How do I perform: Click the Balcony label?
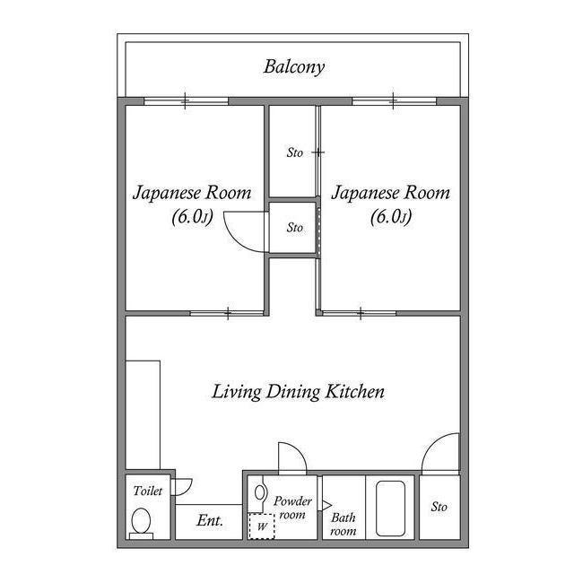click(x=294, y=66)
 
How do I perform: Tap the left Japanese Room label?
click(x=192, y=204)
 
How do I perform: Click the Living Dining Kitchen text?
click(x=299, y=392)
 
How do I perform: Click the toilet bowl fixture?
click(x=142, y=521)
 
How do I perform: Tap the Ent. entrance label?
click(x=210, y=520)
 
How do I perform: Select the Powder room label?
click(x=292, y=508)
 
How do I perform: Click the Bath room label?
click(x=344, y=524)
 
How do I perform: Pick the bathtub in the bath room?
click(x=391, y=509)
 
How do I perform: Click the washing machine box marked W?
click(x=261, y=526)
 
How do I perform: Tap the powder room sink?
click(x=261, y=492)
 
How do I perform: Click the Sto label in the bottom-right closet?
click(x=439, y=508)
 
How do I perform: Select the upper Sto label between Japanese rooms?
click(x=294, y=152)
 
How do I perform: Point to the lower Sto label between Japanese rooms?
click(x=294, y=228)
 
